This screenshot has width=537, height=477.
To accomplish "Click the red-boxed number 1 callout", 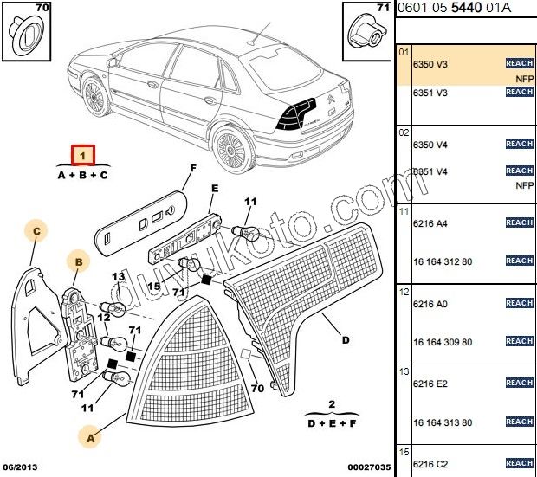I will pos(82,156).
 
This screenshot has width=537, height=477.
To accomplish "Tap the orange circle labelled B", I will pos(78,261).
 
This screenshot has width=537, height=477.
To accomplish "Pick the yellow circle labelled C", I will pos(36,231).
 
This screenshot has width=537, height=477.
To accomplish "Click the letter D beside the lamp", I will pos(345,339).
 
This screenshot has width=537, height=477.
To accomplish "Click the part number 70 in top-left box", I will pos(41,9).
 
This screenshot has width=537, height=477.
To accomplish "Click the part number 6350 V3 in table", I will pos(430,64).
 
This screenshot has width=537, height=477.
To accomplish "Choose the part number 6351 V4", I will pos(430,171).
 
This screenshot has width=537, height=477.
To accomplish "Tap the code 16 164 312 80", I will pos(443,261).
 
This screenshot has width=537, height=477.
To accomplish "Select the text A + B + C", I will pos(82,175).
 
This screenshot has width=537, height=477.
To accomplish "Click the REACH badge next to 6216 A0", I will pos(519,303).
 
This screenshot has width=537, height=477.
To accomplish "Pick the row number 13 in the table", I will pos(404,371).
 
